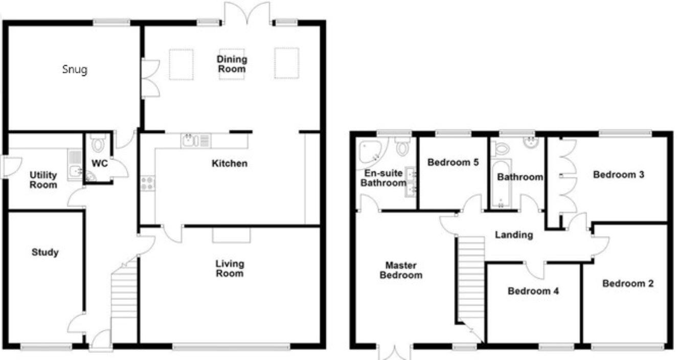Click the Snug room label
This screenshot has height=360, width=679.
75,70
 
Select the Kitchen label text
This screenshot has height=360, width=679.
230,164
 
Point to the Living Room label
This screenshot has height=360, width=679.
230,268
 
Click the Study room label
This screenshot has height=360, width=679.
45,252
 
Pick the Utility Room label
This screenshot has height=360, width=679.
43,180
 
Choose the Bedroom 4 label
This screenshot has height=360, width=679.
533,291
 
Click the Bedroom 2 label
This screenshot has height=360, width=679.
628,283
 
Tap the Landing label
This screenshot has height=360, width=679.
514,235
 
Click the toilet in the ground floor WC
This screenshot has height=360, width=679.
98,144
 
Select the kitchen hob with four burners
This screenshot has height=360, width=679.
147,183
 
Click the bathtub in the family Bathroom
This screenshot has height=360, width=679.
501,184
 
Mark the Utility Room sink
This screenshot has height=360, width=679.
75,171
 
